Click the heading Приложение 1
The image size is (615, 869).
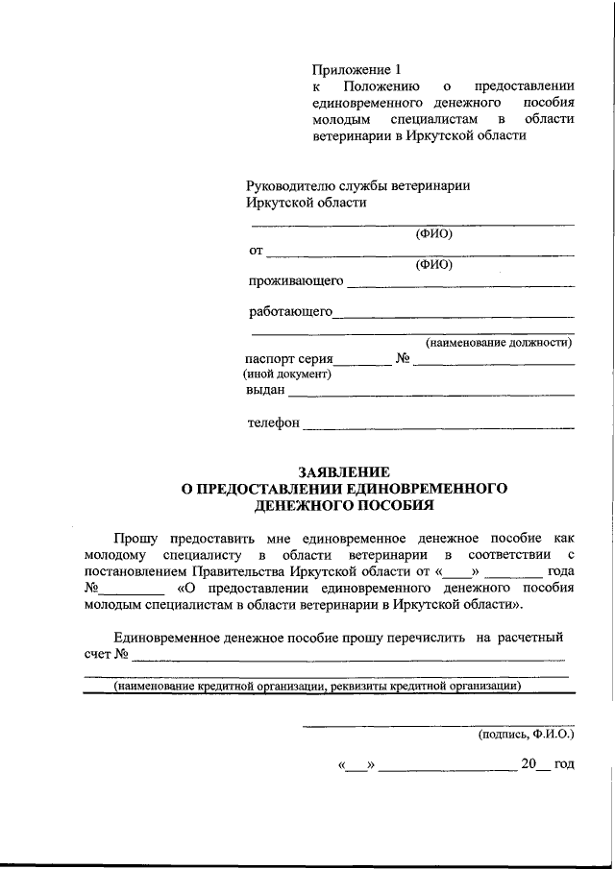coord(355,69)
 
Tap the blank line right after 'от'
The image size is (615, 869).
coord(419,253)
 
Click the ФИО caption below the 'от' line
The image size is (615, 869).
coord(433,265)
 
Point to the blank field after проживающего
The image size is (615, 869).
coord(459,283)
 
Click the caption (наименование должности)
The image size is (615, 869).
coord(499,342)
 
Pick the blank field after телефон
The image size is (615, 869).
coord(437,424)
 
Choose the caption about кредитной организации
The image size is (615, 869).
coord(318,687)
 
